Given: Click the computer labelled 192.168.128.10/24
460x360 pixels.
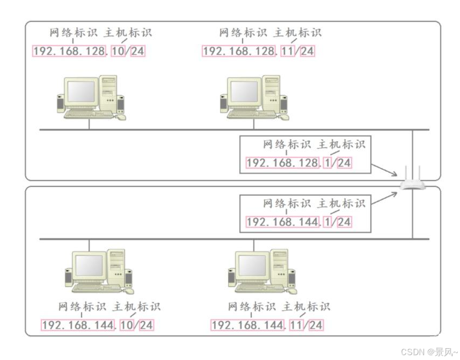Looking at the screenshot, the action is [x=91, y=97].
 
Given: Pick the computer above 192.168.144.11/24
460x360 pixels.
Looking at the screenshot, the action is [x=262, y=271].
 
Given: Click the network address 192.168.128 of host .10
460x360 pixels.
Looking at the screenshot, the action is [x=69, y=52].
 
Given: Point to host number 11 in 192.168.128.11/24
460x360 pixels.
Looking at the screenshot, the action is [x=288, y=52].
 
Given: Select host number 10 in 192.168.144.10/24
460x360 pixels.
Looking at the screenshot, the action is [x=127, y=325].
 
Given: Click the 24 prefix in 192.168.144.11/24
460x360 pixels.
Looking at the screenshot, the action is [x=316, y=325].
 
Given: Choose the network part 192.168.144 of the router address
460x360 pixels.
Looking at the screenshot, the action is [x=282, y=222].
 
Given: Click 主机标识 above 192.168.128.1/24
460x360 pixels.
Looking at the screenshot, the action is [x=341, y=145].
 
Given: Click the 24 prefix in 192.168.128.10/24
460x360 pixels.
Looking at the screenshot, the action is [x=138, y=52].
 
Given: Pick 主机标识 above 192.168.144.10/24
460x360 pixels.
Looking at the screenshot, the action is [x=136, y=307].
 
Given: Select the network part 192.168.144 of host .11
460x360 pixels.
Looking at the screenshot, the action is [x=247, y=325].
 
